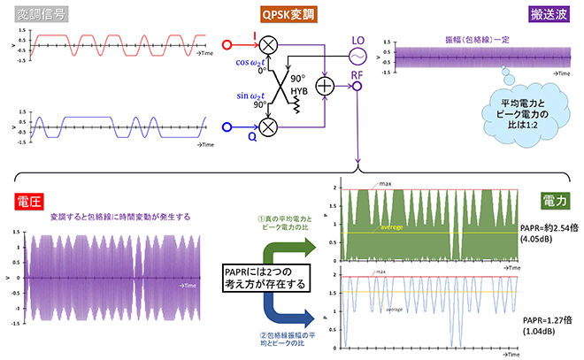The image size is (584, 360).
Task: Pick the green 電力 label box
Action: coord(557,202)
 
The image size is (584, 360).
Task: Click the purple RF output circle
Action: coord(357,88)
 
